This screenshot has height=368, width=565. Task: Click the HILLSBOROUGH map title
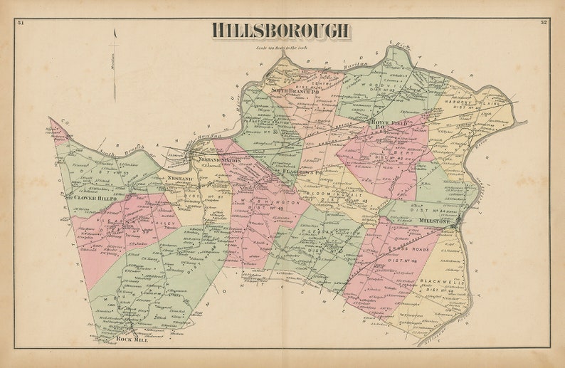point(280,30)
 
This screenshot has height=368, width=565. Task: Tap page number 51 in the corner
point(21,23)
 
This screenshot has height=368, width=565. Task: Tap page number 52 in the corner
point(543,23)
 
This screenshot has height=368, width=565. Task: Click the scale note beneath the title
point(280,48)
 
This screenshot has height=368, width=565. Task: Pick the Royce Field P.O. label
point(389,123)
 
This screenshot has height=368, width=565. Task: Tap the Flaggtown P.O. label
point(302,172)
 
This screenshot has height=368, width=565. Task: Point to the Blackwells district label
point(440,283)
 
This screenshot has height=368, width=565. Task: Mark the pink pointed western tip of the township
point(53,126)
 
